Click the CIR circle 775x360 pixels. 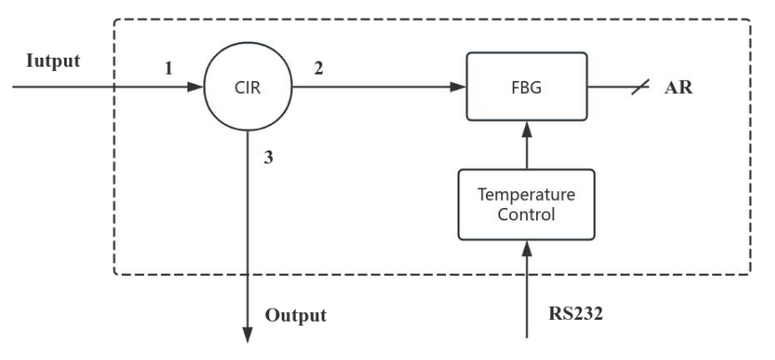[x=246, y=87]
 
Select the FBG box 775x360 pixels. [x=527, y=87]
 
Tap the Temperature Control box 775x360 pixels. [x=526, y=204]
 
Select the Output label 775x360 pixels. [x=296, y=315]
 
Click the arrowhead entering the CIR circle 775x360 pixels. [x=196, y=87]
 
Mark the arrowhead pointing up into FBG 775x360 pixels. [x=527, y=127]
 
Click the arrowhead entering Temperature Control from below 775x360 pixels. [x=527, y=247]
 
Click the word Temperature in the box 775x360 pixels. [x=526, y=194]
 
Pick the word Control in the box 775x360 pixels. [x=526, y=213]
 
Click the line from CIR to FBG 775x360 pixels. [x=373, y=87]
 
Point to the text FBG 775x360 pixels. [x=527, y=88]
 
